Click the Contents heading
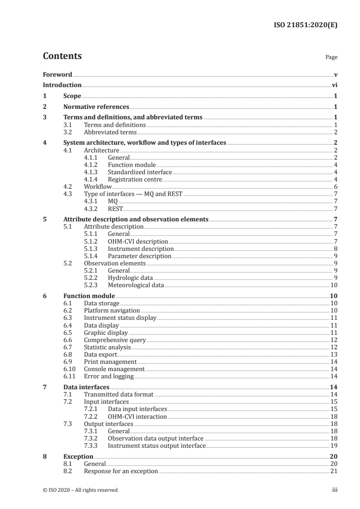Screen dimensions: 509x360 tap(62, 56)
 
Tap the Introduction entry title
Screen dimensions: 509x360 tap(62, 85)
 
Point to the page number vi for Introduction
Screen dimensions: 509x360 tap(334, 85)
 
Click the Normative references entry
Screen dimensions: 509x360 tap(96, 107)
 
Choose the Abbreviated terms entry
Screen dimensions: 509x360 tap(110, 132)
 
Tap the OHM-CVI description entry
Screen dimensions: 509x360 tap(138, 241)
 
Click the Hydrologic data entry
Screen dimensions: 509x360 tap(130, 278)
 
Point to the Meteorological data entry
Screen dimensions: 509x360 tap(135, 285)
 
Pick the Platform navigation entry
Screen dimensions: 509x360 tap(112, 311)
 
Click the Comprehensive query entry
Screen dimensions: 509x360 tap(115, 339)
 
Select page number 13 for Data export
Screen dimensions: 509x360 tap(333, 354)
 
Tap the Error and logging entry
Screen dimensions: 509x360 tap(108, 376)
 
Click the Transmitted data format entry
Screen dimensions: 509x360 tap(118, 395)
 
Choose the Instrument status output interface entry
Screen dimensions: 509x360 tap(157, 446)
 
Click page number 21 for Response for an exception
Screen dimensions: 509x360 tap(333, 471)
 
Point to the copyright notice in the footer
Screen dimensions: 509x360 tap(80, 490)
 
